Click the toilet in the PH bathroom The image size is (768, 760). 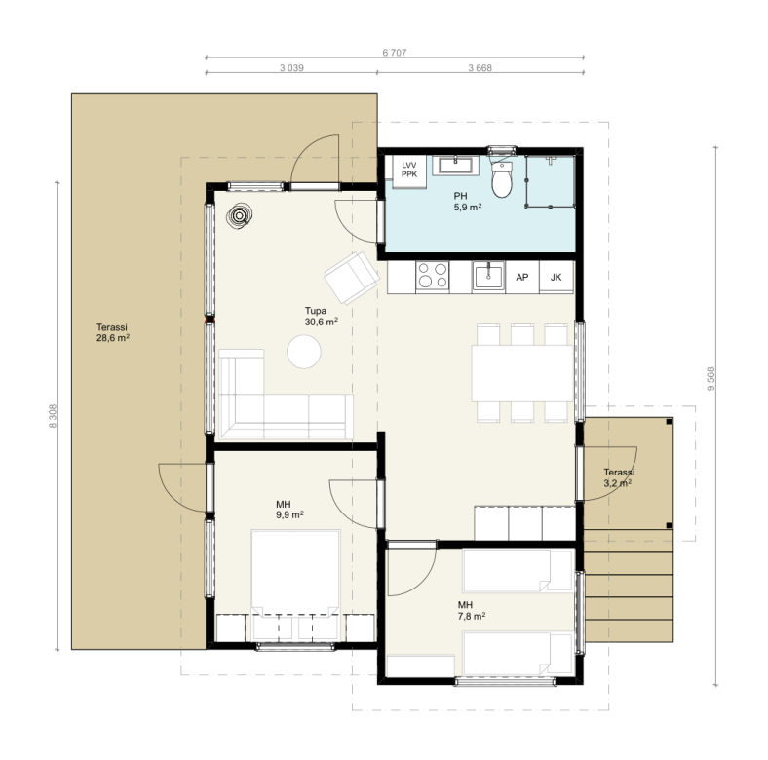(x=502, y=178)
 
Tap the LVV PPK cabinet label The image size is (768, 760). (x=409, y=170)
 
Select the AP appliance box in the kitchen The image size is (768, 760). (x=522, y=277)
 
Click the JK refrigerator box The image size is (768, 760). (x=556, y=277)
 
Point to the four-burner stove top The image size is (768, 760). (x=433, y=277)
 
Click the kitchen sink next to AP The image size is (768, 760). (x=488, y=277)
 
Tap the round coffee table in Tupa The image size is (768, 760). (x=304, y=351)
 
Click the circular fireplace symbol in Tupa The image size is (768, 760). (x=240, y=216)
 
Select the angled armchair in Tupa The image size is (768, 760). (x=352, y=278)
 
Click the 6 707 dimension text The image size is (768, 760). (x=395, y=53)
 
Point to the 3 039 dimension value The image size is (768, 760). (x=291, y=68)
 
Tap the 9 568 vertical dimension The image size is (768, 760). (x=711, y=378)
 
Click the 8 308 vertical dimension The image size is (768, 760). (x=53, y=416)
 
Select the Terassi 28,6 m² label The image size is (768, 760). (x=113, y=332)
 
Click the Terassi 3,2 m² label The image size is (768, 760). (x=618, y=478)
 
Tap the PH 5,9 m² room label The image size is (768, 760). (x=467, y=202)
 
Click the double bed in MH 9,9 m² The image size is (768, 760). (x=295, y=573)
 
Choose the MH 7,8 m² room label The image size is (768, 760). (x=471, y=610)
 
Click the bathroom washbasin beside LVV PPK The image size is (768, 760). (x=455, y=166)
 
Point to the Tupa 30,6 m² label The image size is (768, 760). (x=322, y=316)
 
